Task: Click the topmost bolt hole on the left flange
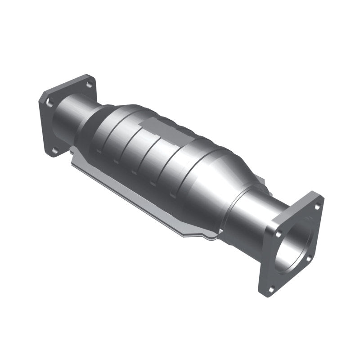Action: click(89, 84)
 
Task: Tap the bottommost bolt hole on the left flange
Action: click(55, 151)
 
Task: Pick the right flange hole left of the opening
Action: click(278, 234)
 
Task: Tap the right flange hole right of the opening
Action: click(309, 258)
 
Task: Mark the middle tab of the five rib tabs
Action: click(134, 172)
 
